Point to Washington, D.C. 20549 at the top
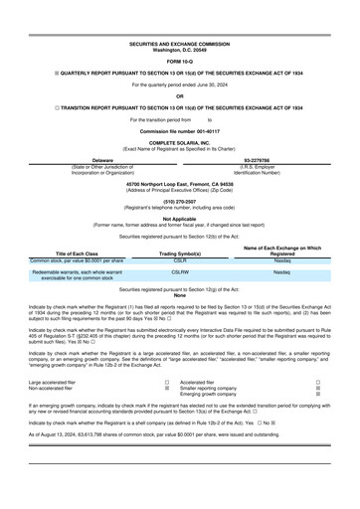coord(180,50)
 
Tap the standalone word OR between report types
coord(180,96)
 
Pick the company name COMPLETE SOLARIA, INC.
coord(180,143)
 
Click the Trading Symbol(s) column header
coord(181,254)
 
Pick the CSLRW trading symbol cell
coord(181,270)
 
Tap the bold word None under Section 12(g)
coord(180,295)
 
